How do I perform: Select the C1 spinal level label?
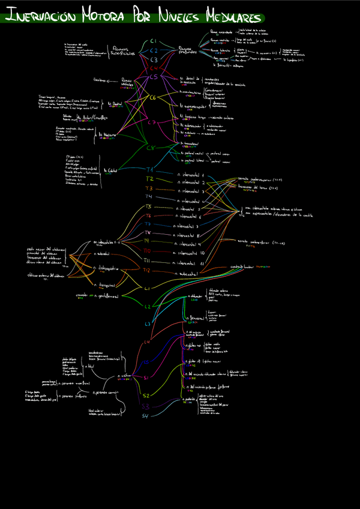[153, 41]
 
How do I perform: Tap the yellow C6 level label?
[152, 97]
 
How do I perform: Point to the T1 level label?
[150, 170]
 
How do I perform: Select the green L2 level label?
[148, 307]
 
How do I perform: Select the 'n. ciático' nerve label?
[124, 375]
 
